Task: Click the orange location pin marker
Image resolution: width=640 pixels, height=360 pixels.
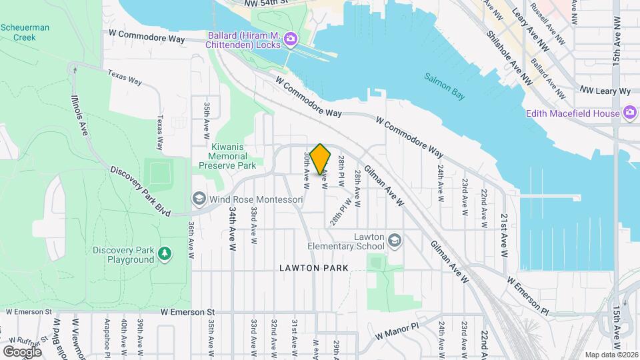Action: click(320, 159)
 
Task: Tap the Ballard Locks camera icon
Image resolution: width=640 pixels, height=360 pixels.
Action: click(291, 39)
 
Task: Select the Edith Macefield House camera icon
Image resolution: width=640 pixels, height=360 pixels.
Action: click(628, 113)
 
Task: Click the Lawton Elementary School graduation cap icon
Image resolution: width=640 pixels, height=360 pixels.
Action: click(394, 240)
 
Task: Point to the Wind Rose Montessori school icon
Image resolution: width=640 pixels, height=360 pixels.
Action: click(199, 199)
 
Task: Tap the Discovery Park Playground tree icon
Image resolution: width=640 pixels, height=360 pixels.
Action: click(164, 254)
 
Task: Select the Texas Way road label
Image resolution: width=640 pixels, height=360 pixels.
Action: click(125, 78)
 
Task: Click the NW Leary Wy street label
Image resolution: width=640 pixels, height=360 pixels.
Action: click(605, 90)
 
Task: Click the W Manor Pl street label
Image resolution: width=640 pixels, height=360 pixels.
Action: click(396, 331)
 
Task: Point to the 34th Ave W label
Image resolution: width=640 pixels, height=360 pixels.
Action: click(232, 227)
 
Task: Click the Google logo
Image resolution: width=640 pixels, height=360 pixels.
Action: click(22, 351)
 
